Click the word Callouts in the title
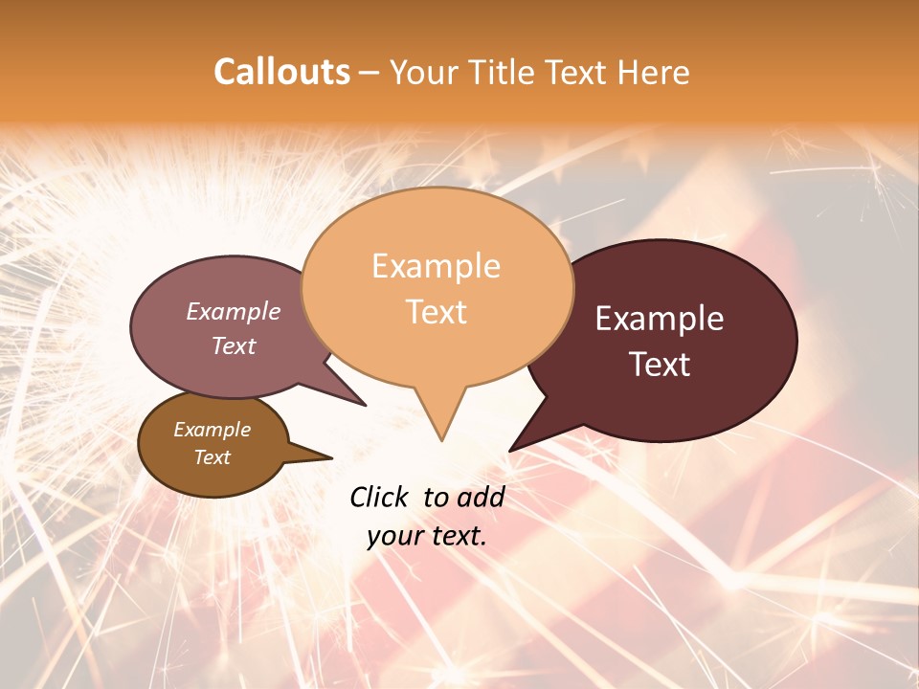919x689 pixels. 281,72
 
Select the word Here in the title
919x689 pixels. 655,72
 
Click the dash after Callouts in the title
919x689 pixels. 370,73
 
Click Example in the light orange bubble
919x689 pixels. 436,266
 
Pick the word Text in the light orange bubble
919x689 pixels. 436,312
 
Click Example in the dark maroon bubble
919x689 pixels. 660,319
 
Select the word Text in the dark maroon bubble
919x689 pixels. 661,365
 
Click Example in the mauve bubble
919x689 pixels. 234,312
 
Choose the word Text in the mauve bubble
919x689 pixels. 234,346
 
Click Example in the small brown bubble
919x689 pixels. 213,430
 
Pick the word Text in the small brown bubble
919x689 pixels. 213,457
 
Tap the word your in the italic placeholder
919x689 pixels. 394,536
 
